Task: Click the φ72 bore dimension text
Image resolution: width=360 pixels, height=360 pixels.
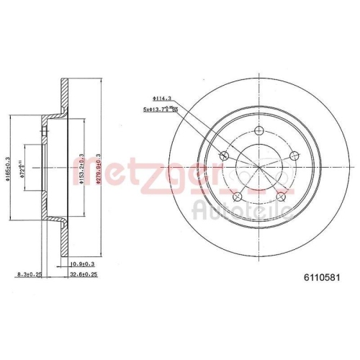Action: click(22, 171)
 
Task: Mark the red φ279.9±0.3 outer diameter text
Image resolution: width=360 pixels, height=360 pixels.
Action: click(96, 171)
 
